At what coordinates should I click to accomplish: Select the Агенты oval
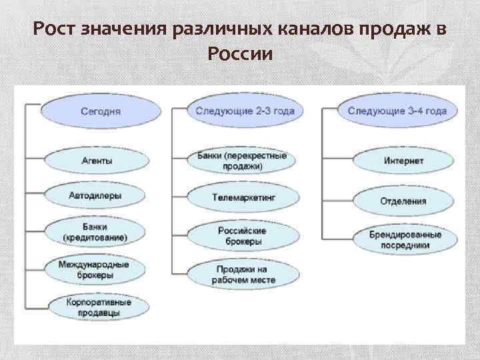pyautogui.click(x=98, y=161)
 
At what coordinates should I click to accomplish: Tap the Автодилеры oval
pyautogui.click(x=98, y=196)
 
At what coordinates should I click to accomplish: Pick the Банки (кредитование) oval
pyautogui.click(x=98, y=232)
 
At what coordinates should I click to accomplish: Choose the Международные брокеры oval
pyautogui.click(x=98, y=269)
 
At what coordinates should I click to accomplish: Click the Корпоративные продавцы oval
pyautogui.click(x=98, y=307)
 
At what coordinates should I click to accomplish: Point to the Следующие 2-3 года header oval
pyautogui.click(x=245, y=111)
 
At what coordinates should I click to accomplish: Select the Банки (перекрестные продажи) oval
pyautogui.click(x=243, y=161)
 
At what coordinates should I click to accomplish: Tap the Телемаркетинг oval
pyautogui.click(x=244, y=198)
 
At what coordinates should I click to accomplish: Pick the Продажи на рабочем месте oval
pyautogui.click(x=244, y=274)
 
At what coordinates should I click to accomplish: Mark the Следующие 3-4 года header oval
pyautogui.click(x=397, y=111)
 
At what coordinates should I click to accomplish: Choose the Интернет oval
pyautogui.click(x=403, y=161)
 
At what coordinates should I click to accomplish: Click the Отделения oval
pyautogui.click(x=403, y=201)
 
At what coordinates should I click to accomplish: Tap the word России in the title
pyautogui.click(x=240, y=55)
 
